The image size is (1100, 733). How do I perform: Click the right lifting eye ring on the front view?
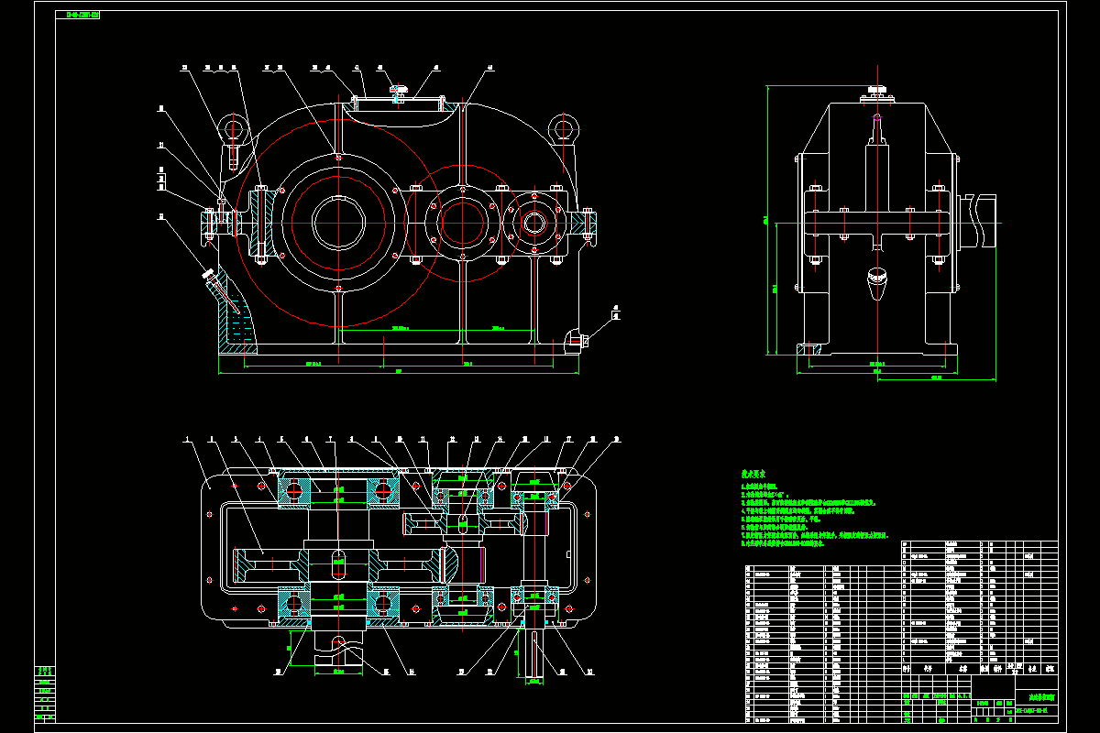[562, 127]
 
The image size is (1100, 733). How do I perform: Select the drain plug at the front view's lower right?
[577, 341]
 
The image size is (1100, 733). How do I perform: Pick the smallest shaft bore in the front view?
[534, 221]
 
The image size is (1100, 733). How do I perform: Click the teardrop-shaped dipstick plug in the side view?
[878, 283]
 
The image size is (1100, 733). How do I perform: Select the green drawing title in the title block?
[1036, 697]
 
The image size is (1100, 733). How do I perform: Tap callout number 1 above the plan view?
[187, 440]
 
